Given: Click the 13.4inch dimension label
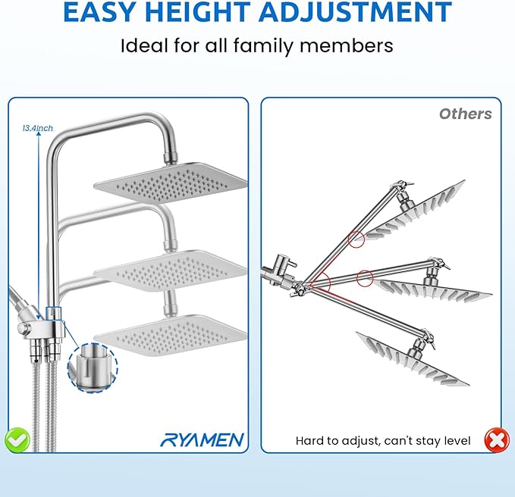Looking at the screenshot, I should tap(38, 129).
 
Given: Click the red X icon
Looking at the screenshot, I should tap(497, 439).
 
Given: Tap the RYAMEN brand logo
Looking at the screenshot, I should tap(203, 439).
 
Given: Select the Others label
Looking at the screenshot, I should tap(465, 114).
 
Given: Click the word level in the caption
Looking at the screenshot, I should tap(455, 440).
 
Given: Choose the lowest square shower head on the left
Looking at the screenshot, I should tap(170, 332).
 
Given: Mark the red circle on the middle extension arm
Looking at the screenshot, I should tap(364, 277).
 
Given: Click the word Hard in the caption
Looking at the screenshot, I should tap(311, 440).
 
